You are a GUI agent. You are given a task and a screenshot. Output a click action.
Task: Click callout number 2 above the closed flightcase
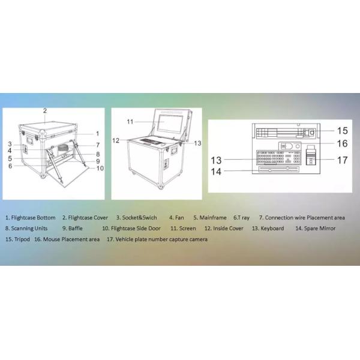(44, 111)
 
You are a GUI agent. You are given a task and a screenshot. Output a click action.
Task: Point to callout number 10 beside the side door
(100, 168)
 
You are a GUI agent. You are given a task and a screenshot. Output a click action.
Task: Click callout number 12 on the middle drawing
(116, 140)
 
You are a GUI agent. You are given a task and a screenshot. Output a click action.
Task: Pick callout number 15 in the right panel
(341, 130)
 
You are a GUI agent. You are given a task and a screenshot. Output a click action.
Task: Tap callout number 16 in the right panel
(341, 143)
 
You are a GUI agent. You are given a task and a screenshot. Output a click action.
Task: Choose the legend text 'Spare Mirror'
(320, 228)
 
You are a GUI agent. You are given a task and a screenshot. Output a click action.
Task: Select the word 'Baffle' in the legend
(74, 228)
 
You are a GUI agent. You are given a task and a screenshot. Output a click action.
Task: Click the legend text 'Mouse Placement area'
(71, 239)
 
